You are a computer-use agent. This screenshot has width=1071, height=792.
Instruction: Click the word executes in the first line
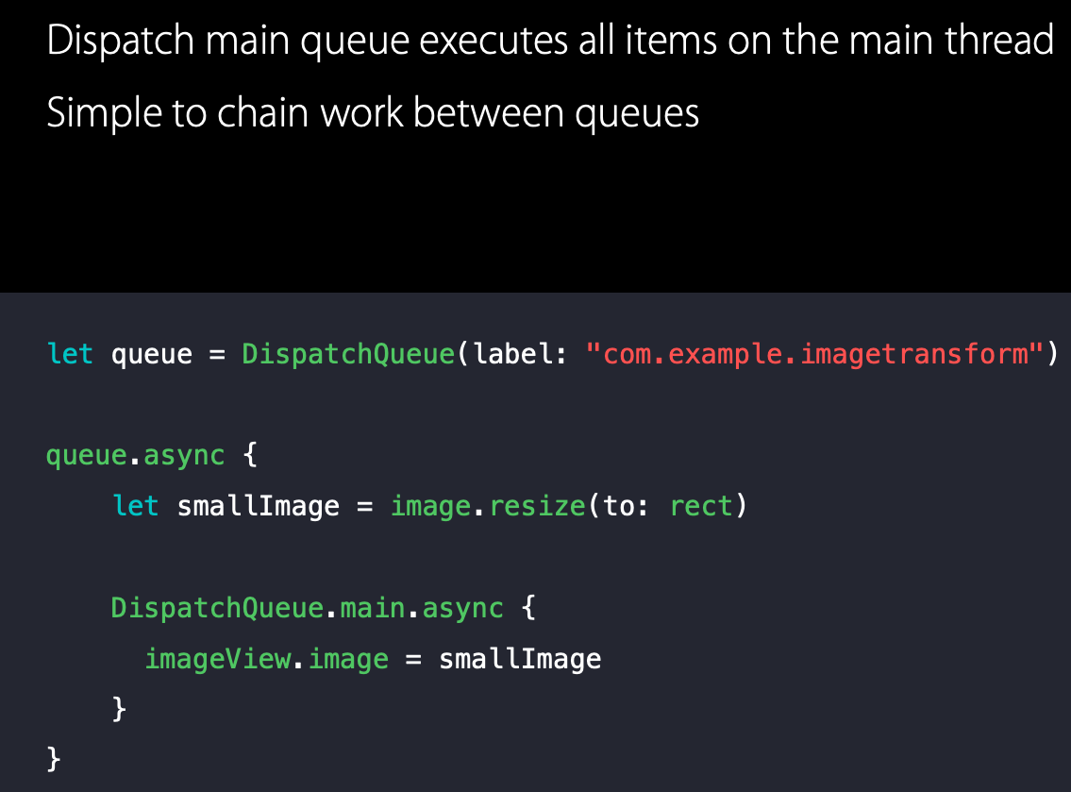pyautogui.click(x=491, y=42)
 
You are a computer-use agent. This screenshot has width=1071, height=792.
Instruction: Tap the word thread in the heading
pyautogui.click(x=1001, y=42)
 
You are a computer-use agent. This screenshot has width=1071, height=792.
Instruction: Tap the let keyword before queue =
pyautogui.click(x=70, y=354)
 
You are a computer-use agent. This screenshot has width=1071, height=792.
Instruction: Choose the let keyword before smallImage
pyautogui.click(x=135, y=506)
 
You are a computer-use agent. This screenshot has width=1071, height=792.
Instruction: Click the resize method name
pyautogui.click(x=537, y=506)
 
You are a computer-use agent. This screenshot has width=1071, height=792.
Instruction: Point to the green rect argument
pyautogui.click(x=701, y=506)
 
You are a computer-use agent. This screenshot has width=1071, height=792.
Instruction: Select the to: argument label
pyautogui.click(x=628, y=506)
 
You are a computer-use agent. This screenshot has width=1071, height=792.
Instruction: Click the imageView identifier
pyautogui.click(x=217, y=658)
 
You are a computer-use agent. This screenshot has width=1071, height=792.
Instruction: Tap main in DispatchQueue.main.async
pyautogui.click(x=372, y=607)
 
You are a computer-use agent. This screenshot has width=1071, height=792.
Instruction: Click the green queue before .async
pyautogui.click(x=86, y=456)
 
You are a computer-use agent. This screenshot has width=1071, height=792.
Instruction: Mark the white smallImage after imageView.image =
pyautogui.click(x=520, y=658)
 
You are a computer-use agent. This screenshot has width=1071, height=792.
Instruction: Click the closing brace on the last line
pyautogui.click(x=54, y=758)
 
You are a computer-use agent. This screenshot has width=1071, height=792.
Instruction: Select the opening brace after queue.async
pyautogui.click(x=249, y=456)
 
